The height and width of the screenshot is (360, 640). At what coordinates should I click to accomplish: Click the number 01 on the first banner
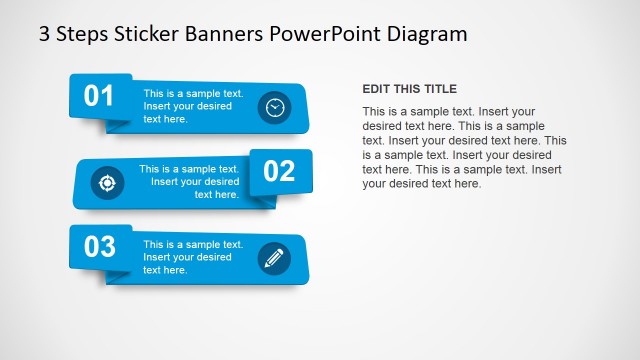[99, 96]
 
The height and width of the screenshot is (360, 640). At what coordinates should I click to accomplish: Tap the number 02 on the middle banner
[280, 171]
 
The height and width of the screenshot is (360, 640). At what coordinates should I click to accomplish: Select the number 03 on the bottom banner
[100, 246]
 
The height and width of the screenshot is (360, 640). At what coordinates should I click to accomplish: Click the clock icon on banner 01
[274, 107]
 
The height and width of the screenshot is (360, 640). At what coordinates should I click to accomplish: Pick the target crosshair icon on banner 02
[107, 182]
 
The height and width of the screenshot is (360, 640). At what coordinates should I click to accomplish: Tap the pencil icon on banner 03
[273, 258]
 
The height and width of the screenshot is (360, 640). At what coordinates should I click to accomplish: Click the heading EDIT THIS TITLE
[409, 89]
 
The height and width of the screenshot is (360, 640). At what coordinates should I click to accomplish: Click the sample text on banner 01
[193, 106]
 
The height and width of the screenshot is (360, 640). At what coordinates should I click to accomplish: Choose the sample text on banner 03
[193, 257]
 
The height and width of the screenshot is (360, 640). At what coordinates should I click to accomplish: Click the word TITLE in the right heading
[439, 89]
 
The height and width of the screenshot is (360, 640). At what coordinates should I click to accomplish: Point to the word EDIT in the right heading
[376, 89]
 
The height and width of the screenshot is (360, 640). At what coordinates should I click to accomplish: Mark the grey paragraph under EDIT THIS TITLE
[464, 147]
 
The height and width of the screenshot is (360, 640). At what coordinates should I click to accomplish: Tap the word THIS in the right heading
[407, 89]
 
